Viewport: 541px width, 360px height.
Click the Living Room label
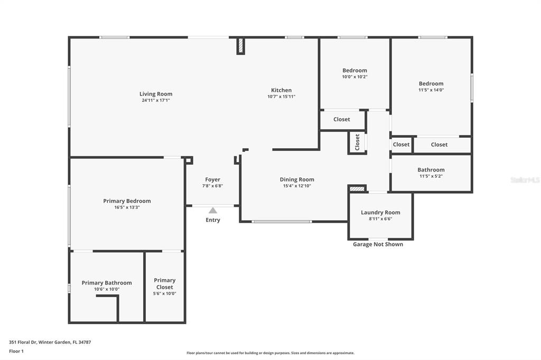(x=156, y=94)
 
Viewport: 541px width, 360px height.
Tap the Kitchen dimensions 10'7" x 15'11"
(x=281, y=97)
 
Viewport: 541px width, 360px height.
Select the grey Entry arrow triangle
(x=213, y=210)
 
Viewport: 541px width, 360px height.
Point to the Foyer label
(x=212, y=179)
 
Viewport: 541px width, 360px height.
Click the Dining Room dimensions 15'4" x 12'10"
(x=297, y=186)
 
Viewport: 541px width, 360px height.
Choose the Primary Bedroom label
(x=127, y=201)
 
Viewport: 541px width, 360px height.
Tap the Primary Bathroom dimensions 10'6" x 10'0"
(x=107, y=289)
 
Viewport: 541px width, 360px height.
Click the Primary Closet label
(x=165, y=283)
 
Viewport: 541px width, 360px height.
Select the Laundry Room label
(x=380, y=212)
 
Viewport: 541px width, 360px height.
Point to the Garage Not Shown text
(x=378, y=244)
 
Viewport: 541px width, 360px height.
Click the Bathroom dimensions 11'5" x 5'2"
(x=431, y=176)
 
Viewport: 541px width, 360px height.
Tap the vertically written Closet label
(x=357, y=143)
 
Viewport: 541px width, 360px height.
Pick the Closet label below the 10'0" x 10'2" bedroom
(x=342, y=119)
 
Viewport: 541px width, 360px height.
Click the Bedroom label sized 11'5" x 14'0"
(x=431, y=83)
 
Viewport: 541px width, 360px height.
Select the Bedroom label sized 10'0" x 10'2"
(x=355, y=70)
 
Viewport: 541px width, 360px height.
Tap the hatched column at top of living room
(x=240, y=46)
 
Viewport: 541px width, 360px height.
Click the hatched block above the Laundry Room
(x=357, y=188)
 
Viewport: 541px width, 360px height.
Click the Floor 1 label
(x=16, y=352)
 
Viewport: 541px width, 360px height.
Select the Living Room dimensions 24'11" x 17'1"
(x=156, y=100)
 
